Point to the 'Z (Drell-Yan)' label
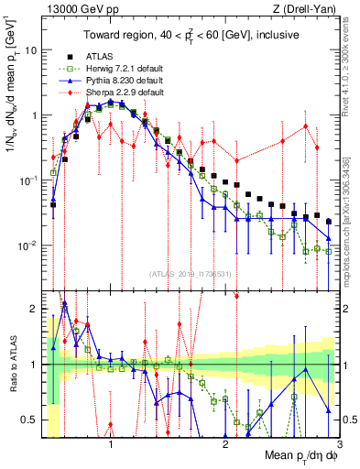(309, 8)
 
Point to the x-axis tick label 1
(111, 440)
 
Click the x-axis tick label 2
(225, 440)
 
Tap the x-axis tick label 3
(339, 440)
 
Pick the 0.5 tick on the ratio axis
(30, 420)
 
